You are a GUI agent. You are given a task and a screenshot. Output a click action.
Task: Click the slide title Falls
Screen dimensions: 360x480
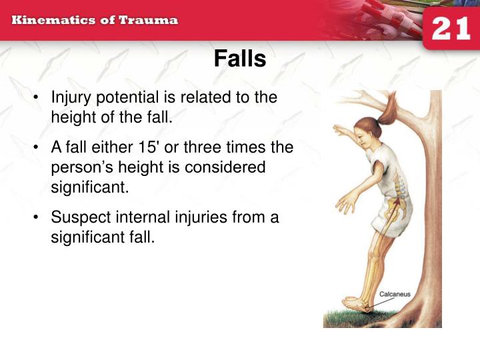[240, 59]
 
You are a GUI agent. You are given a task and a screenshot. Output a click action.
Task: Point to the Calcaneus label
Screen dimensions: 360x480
[394, 294]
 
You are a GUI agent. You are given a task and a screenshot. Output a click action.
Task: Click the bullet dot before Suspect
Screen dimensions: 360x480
[35, 218]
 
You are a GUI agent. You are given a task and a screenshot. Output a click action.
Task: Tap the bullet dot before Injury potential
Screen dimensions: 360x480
[35, 98]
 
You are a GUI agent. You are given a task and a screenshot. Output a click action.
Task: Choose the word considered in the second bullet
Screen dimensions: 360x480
[227, 167]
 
